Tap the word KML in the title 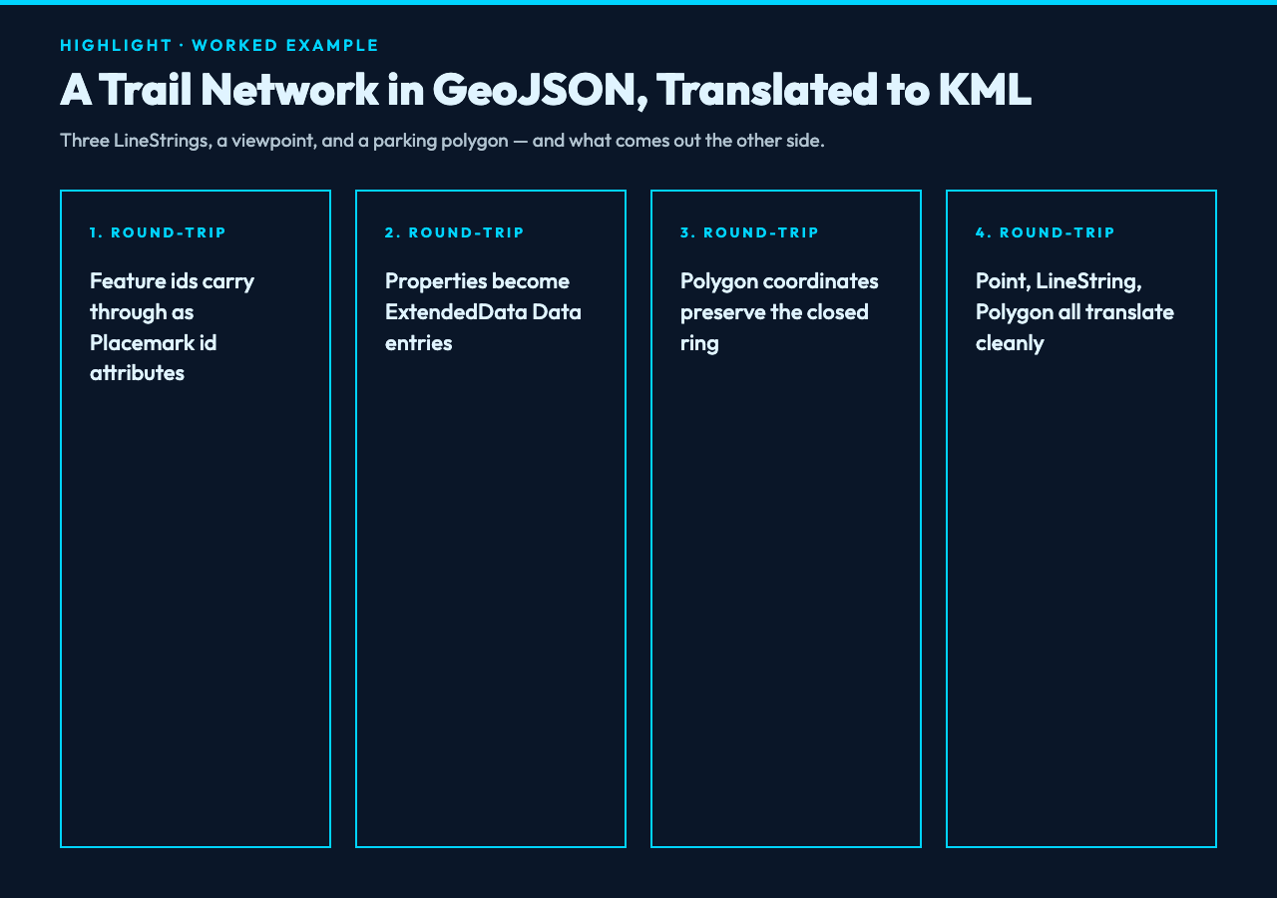[985, 90]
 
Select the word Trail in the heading [145, 90]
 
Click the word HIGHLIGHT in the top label [116, 46]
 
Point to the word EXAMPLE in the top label [332, 46]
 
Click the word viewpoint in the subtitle [273, 141]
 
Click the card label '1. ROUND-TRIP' [158, 232]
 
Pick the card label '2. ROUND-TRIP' [454, 232]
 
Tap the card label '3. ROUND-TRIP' [749, 232]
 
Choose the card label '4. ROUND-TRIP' [1045, 232]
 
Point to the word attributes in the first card [137, 373]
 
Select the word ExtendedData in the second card [456, 312]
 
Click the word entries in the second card [418, 343]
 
